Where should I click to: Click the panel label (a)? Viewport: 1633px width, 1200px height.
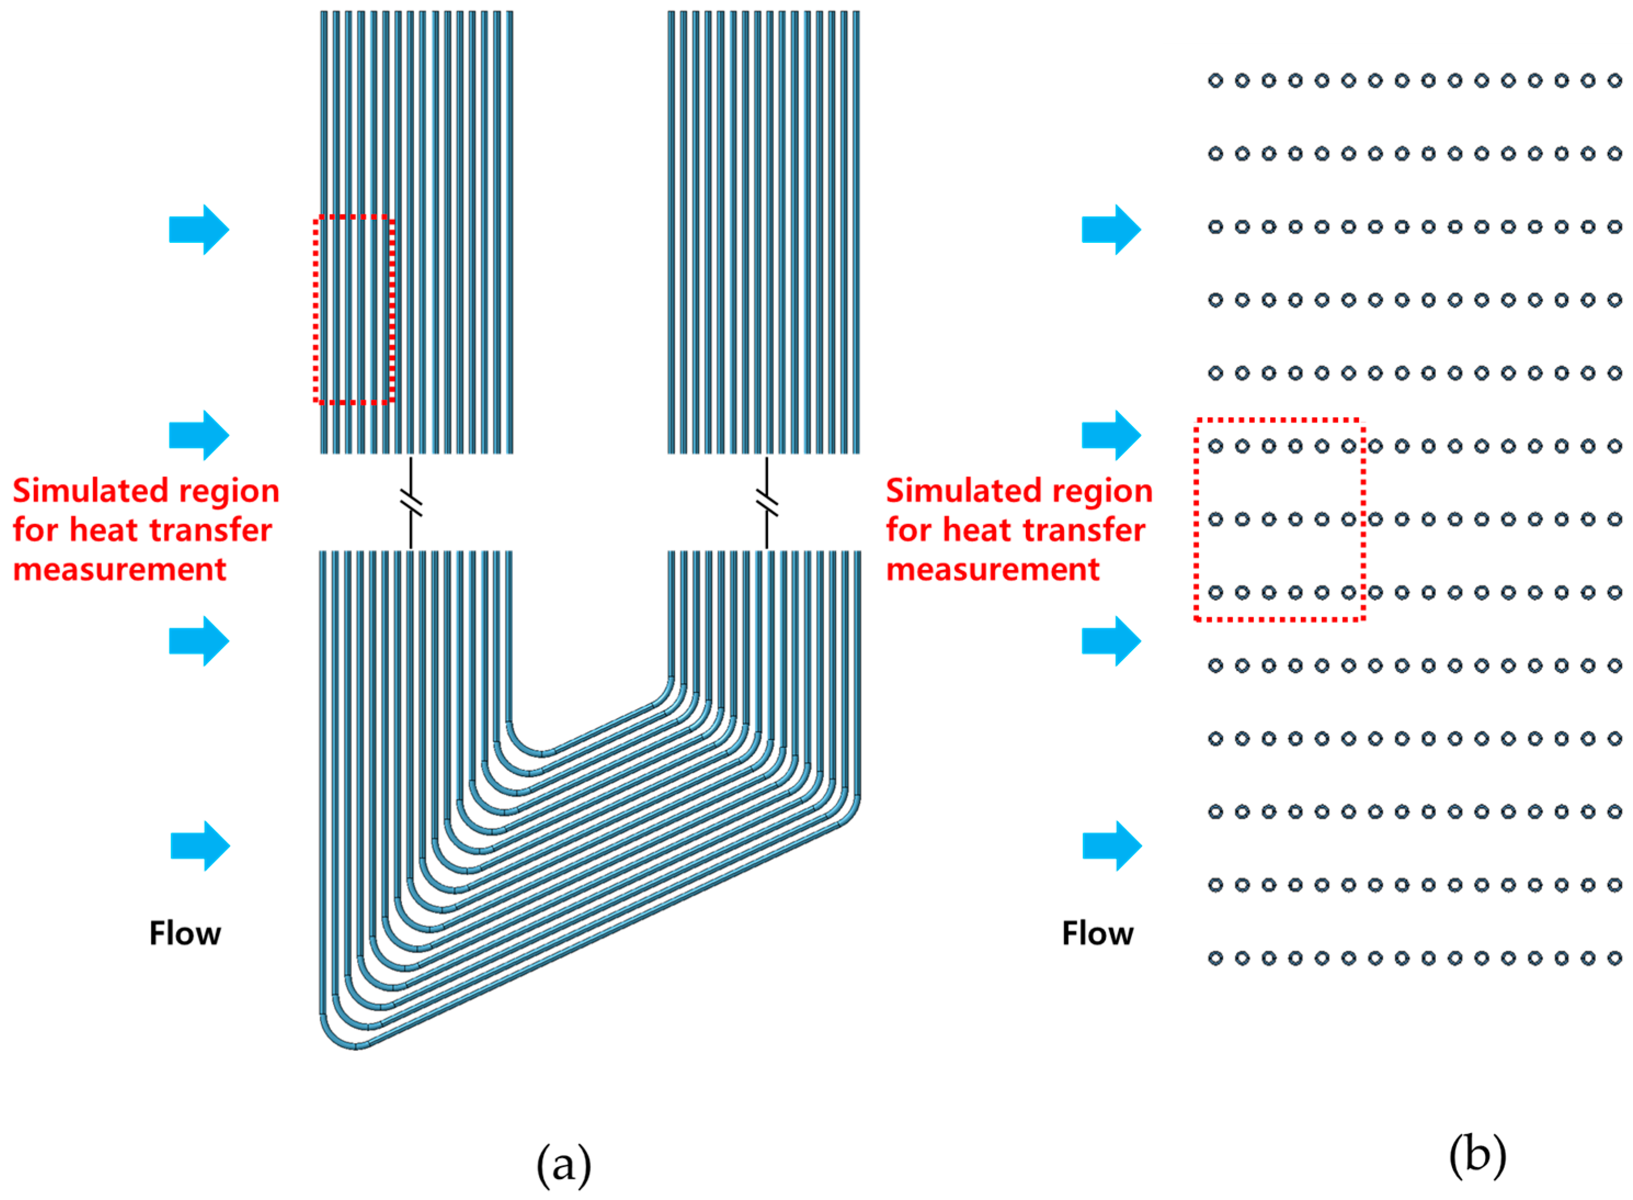[563, 1164]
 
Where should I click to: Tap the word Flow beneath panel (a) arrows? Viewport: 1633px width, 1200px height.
[185, 934]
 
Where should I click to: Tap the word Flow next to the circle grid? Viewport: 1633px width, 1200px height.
[1097, 934]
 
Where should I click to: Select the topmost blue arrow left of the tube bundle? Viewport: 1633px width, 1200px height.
[199, 230]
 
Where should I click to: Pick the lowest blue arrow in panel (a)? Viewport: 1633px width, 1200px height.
[201, 846]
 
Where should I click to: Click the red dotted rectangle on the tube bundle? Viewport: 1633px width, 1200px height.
[316, 309]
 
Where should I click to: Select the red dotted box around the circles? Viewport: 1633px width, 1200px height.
[1196, 519]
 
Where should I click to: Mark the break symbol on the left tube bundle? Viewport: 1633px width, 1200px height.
[411, 503]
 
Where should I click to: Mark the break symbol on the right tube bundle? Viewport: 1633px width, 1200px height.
[767, 503]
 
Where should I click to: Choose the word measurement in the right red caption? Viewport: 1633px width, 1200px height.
[992, 570]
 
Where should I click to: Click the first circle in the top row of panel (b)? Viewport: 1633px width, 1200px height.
[1215, 81]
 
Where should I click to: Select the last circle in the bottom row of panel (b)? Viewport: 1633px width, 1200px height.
[1614, 958]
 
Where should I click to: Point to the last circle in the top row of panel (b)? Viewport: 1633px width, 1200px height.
[1614, 81]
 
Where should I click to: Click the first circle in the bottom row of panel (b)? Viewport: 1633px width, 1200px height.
[1215, 958]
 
